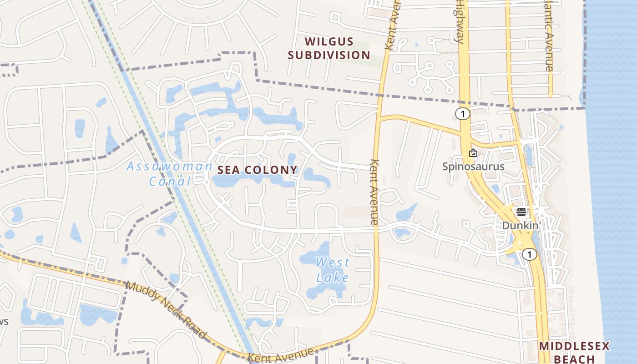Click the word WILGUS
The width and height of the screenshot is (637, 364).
[329, 42]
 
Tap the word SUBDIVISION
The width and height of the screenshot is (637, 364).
[329, 56]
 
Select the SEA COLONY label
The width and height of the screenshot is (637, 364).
[258, 170]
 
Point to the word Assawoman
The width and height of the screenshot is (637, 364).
[169, 167]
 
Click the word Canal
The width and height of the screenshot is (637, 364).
[170, 182]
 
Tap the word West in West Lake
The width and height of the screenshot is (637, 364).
[333, 263]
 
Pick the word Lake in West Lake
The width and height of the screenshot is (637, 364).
[333, 278]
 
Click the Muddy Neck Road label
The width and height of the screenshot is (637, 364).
[166, 310]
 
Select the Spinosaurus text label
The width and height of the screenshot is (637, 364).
[473, 167]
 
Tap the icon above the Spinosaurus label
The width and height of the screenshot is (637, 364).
[473, 153]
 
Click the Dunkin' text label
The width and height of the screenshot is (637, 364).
[521, 225]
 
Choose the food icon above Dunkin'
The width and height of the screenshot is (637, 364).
[521, 212]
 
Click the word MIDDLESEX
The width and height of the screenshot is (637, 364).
[574, 346]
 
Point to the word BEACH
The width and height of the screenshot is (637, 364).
[574, 359]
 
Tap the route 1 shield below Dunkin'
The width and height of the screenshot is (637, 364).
[529, 254]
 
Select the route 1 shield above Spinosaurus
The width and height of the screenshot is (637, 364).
[463, 114]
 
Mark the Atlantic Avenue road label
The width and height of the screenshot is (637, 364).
[549, 36]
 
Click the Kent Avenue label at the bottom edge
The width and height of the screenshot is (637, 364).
[281, 355]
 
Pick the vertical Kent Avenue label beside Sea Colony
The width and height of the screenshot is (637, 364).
[374, 192]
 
